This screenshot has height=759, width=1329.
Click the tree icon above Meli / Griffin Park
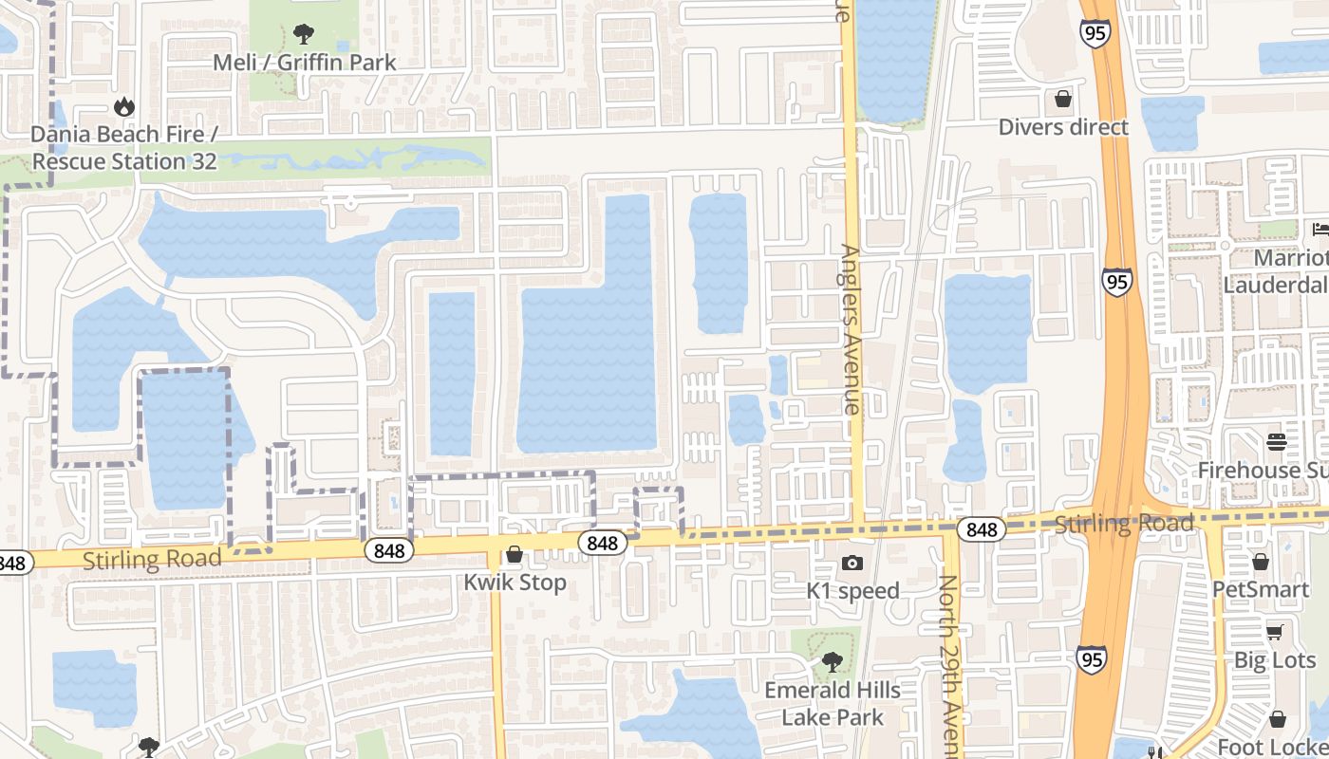coord(304,35)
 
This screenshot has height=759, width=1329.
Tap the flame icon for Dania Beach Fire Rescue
coord(123,107)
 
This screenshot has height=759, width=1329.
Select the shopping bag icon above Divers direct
coord(1063,99)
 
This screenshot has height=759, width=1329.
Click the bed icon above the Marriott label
coord(1320,229)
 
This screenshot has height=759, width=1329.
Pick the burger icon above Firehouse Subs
coord(1276,442)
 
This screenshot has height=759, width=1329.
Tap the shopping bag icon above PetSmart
coord(1261,563)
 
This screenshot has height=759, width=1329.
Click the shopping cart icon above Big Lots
coord(1274,632)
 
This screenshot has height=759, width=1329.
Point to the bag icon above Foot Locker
coord(1278,719)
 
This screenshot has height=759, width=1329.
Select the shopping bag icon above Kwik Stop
coord(515,554)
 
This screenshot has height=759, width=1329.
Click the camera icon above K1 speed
coord(852,564)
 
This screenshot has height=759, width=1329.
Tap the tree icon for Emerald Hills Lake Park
coord(832,661)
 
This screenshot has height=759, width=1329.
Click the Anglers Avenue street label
coord(851,330)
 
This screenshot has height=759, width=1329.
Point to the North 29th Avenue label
coord(949,664)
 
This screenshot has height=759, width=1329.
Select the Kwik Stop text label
coord(515,582)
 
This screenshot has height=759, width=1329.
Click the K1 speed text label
coord(852,590)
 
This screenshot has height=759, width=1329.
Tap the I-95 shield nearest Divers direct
coord(1095,34)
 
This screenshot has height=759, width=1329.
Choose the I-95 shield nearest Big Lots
coord(1091,658)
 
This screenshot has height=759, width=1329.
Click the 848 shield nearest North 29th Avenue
coord(981,529)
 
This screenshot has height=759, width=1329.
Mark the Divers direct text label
coord(1063,127)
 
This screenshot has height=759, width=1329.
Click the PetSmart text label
coord(1261,589)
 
